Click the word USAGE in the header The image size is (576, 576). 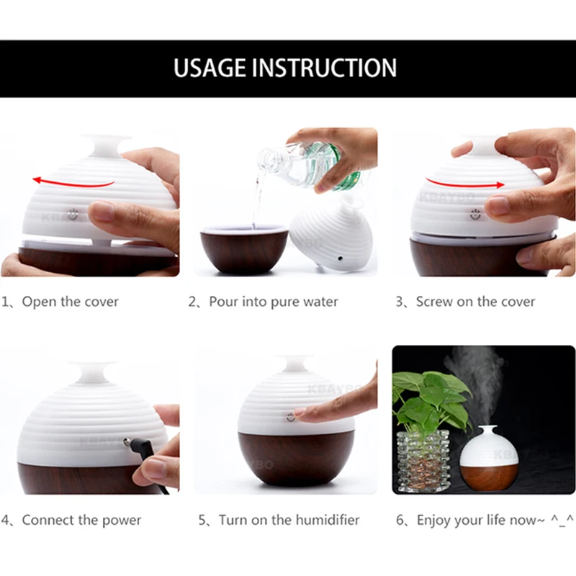(x=209, y=68)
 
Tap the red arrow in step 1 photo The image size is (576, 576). (x=73, y=182)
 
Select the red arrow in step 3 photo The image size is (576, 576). (x=465, y=183)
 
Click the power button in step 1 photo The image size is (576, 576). (x=73, y=214)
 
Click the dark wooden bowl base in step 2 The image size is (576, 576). (x=244, y=249)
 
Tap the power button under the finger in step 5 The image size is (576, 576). (x=291, y=417)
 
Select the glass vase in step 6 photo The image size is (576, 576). (x=423, y=461)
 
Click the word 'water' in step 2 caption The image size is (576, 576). (x=320, y=302)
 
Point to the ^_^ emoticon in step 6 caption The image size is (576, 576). (x=562, y=520)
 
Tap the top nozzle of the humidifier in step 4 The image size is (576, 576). (x=93, y=372)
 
